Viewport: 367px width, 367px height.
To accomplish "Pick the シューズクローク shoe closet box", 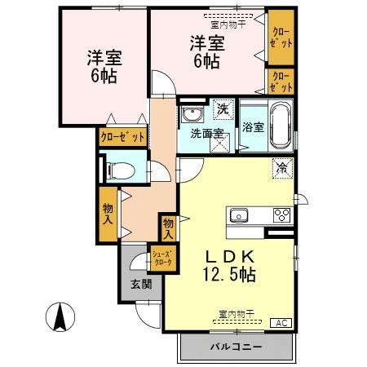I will [x=161, y=258].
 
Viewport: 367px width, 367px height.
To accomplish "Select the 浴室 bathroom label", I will [x=253, y=127].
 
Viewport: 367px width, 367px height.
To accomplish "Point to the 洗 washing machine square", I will [x=222, y=108].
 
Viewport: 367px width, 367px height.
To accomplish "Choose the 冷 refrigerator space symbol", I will [x=281, y=168].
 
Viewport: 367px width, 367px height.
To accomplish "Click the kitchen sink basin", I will [x=239, y=215].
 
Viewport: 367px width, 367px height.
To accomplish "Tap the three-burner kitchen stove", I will [x=281, y=215].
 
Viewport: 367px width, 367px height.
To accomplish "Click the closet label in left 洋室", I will [x=122, y=137].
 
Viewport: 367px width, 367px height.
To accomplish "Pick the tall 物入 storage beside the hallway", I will [x=108, y=214].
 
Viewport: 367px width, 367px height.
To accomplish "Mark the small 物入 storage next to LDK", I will [x=167, y=227].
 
